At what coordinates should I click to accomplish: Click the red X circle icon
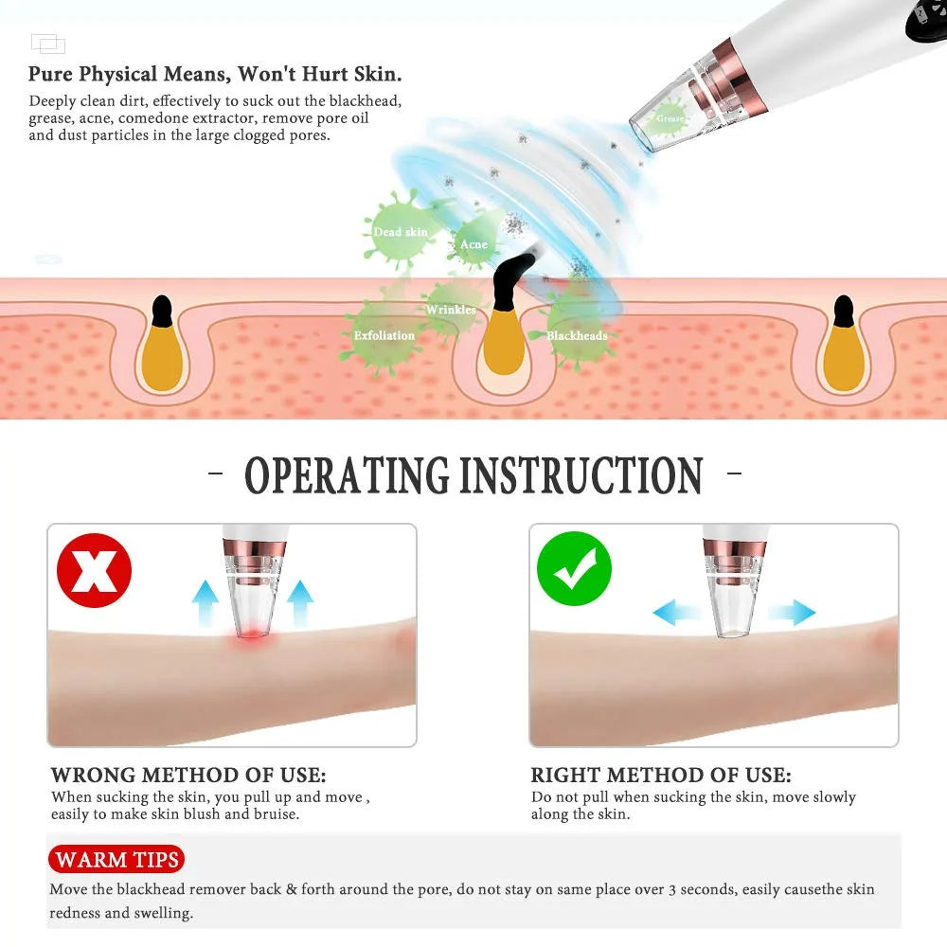pyautogui.click(x=94, y=570)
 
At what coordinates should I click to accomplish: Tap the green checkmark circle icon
pyautogui.click(x=575, y=568)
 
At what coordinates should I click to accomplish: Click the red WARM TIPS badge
pyautogui.click(x=116, y=859)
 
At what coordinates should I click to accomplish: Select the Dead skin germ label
pyautogui.click(x=401, y=232)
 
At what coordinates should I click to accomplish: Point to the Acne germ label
pyautogui.click(x=473, y=244)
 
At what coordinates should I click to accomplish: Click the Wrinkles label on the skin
pyautogui.click(x=451, y=310)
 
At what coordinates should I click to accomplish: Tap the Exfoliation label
pyautogui.click(x=384, y=335)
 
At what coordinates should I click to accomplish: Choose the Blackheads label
pyautogui.click(x=577, y=336)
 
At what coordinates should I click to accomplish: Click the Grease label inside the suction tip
pyautogui.click(x=670, y=118)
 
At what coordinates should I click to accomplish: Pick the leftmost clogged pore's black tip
pyautogui.click(x=162, y=311)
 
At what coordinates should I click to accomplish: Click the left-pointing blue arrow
pyautogui.click(x=676, y=613)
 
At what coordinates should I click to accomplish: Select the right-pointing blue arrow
pyautogui.click(x=792, y=613)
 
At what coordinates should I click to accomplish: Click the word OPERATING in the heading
pyautogui.click(x=348, y=475)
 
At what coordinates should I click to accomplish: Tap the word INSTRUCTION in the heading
pyautogui.click(x=581, y=475)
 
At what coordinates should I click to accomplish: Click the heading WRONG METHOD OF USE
pyautogui.click(x=188, y=775)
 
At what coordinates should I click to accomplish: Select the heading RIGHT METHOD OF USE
pyautogui.click(x=661, y=775)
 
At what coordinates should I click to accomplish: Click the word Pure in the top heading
pyautogui.click(x=51, y=74)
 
